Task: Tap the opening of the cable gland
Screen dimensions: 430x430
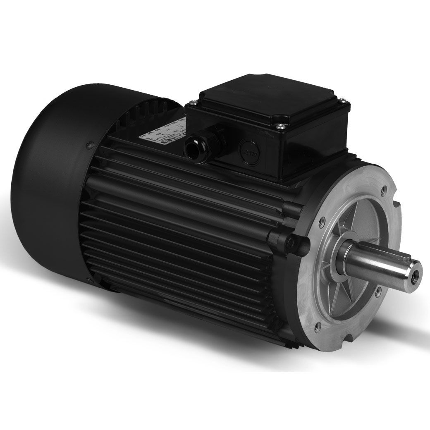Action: (192, 148)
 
